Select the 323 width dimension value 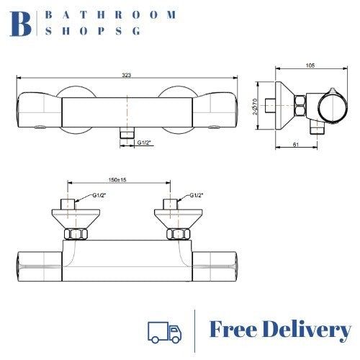click(127, 74)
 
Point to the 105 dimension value click(310, 66)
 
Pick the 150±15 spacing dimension click(118, 181)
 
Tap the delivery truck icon click(163, 330)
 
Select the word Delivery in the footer click(310, 330)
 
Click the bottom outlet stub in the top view click(127, 134)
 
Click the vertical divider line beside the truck click(196, 330)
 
